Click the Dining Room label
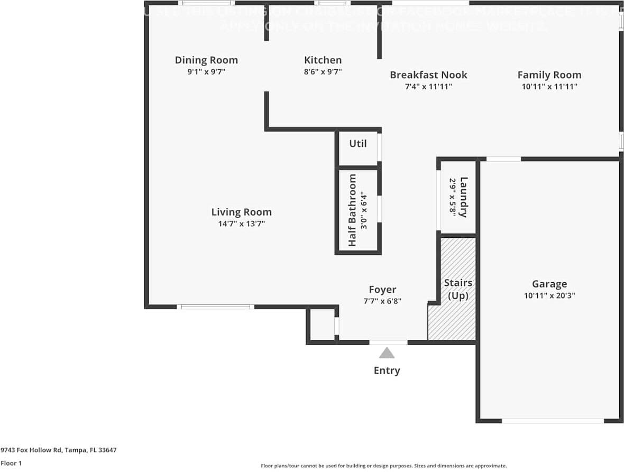tap(206, 60)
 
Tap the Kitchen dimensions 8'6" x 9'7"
tap(323, 72)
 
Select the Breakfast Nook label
tap(428, 75)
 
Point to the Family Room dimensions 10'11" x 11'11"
tap(549, 87)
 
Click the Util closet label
tap(357, 143)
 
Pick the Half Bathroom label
tap(352, 210)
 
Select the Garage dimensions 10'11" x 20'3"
tap(549, 296)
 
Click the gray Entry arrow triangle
tap(387, 353)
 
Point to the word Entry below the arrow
tap(387, 371)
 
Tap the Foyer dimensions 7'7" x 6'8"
tap(382, 301)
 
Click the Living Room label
tap(241, 212)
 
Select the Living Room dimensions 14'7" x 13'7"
tap(241, 224)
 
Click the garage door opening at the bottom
tap(552, 421)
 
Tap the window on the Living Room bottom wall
tap(215, 307)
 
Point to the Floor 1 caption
tap(11, 464)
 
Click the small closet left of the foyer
tap(322, 326)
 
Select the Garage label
tap(549, 284)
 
